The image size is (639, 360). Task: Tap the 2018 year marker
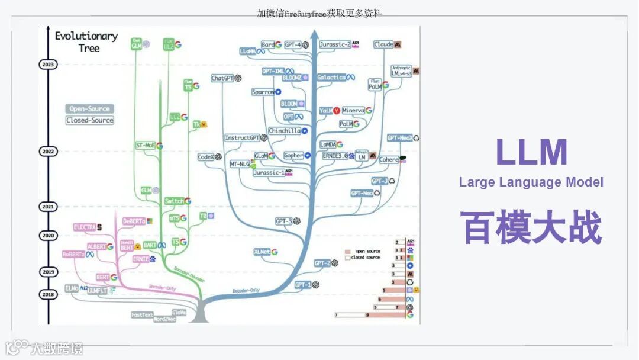coord(47,294)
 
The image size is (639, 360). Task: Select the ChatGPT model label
coord(223,78)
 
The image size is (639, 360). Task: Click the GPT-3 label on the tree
coord(284,221)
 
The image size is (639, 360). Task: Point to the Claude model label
coord(384,44)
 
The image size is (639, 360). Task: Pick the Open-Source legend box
coord(89,109)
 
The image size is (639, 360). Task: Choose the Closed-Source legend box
coord(89,120)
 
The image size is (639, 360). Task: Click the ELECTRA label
coord(85,227)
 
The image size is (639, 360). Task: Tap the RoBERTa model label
coord(74,254)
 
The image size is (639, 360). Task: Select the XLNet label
coord(262,252)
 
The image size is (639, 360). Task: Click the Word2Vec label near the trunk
coord(164,319)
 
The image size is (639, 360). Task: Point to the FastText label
coord(142,314)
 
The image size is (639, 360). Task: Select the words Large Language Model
coord(531,182)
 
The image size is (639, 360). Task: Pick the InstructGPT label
coord(242,138)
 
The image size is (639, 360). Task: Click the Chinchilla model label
coord(284,131)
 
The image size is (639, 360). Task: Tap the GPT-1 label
coord(302,285)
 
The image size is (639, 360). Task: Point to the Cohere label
coord(389,160)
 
